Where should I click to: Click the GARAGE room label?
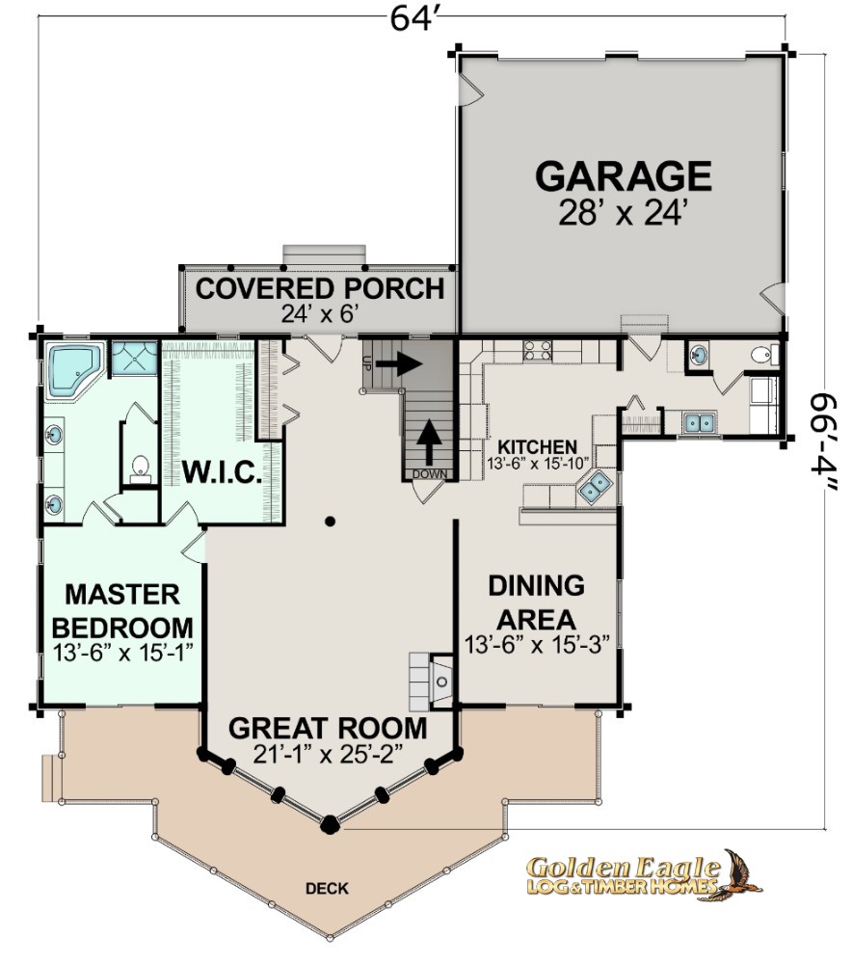tap(624, 176)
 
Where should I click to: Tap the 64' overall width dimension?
tap(416, 17)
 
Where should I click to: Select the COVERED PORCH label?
tap(320, 288)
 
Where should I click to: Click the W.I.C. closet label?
tap(222, 472)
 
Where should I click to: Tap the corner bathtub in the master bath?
tap(73, 370)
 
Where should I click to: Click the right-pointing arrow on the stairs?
tap(398, 363)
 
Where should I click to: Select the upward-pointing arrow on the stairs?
tap(429, 442)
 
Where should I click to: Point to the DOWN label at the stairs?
tap(430, 474)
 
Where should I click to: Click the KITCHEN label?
tap(537, 447)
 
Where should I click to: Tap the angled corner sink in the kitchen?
tap(595, 487)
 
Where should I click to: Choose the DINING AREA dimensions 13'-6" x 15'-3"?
tap(537, 645)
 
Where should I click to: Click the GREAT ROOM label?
tap(328, 728)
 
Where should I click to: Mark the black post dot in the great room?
tap(331, 522)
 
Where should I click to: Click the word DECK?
tap(327, 889)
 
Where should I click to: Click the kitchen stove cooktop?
tap(537, 351)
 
